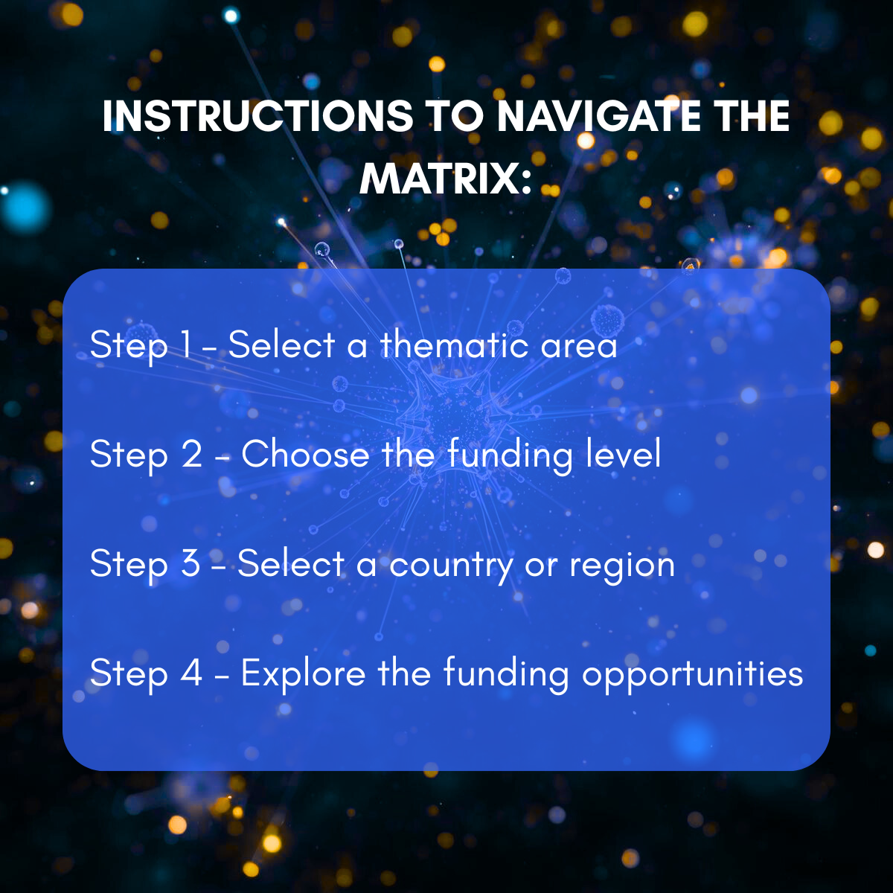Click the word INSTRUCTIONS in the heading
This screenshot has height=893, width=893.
(257, 116)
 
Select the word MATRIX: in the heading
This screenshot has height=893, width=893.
(445, 179)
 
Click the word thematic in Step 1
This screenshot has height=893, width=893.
(454, 344)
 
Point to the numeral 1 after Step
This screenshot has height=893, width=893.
(186, 344)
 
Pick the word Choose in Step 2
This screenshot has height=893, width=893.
(305, 454)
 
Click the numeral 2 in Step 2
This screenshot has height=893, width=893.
(192, 454)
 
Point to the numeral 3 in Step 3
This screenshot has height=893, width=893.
(191, 563)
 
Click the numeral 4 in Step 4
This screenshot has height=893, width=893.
(192, 673)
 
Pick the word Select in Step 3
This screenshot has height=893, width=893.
(291, 563)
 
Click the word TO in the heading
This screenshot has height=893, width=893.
(455, 116)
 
